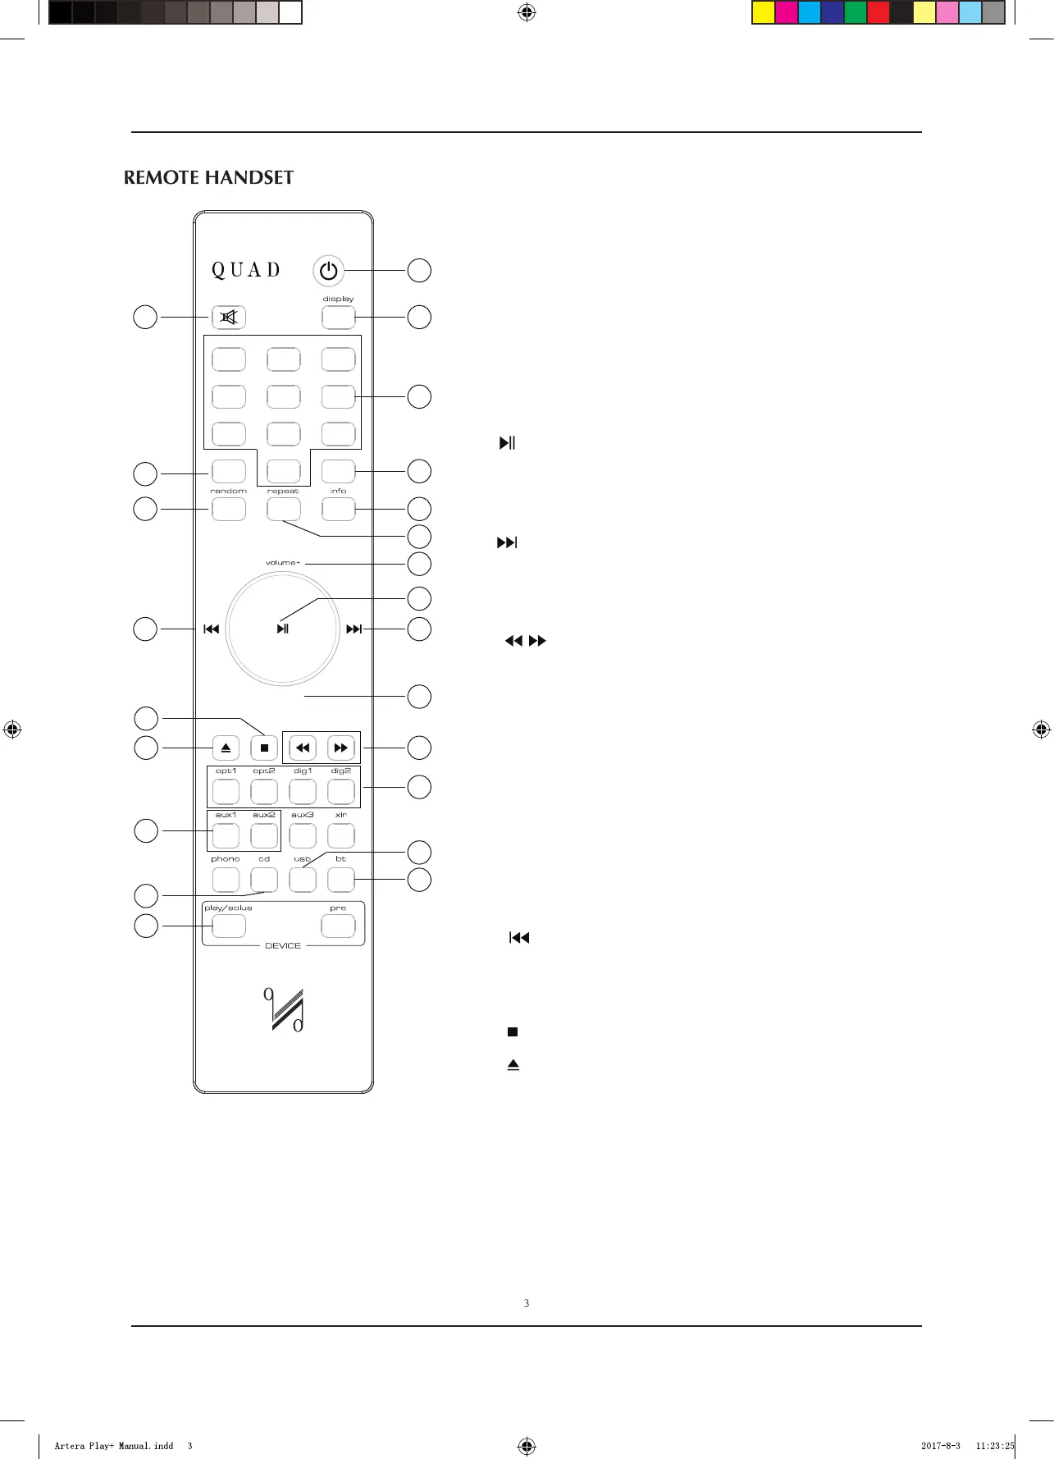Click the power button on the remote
[329, 270]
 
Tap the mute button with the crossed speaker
[229, 317]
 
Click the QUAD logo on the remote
[246, 270]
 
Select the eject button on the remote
[226, 748]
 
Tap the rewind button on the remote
[303, 748]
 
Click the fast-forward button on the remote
[340, 748]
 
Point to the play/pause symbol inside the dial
[283, 629]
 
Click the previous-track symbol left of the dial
[212, 629]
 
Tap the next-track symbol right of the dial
[354, 629]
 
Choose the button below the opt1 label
[226, 791]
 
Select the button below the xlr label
[340, 835]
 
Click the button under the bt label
[340, 880]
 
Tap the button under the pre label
[338, 926]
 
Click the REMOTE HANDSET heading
[208, 178]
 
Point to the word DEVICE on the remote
[283, 946]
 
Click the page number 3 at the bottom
[527, 1303]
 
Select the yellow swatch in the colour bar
[764, 13]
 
